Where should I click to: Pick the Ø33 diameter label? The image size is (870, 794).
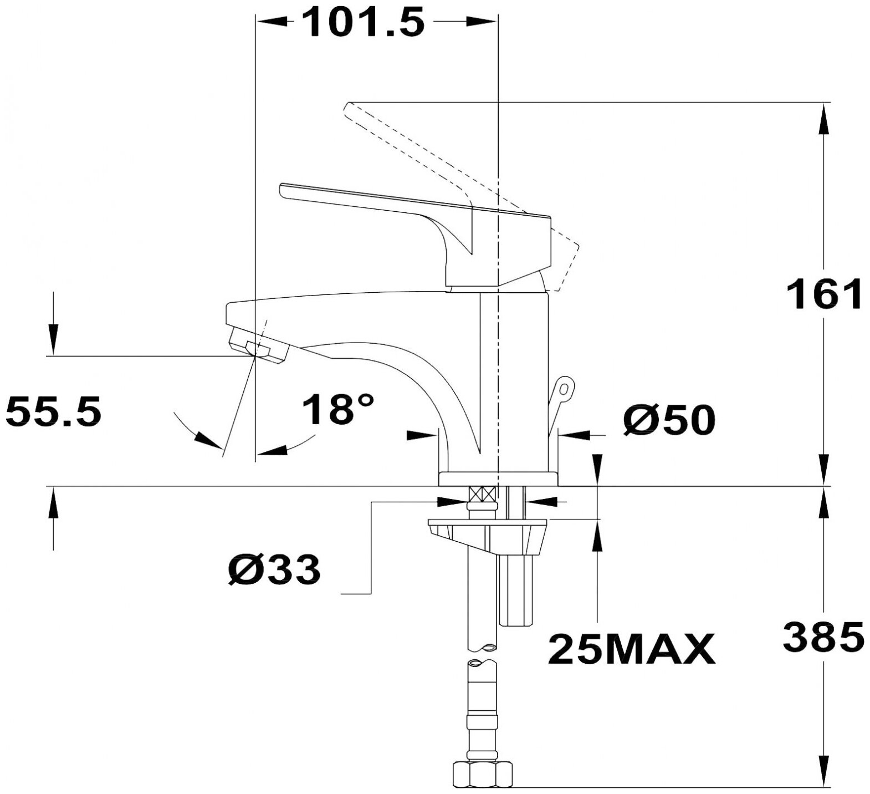coord(275,569)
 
